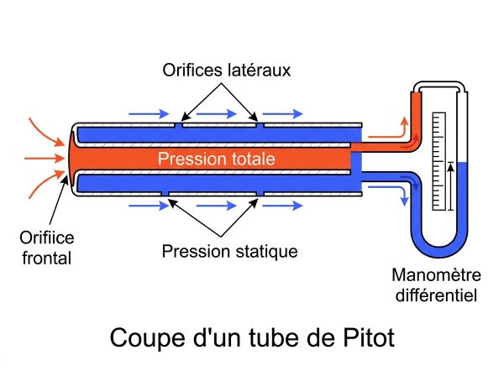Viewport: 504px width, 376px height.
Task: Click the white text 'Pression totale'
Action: click(217, 159)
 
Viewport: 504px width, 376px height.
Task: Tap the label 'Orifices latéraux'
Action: click(226, 70)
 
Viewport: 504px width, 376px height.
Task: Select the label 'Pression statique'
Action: click(229, 251)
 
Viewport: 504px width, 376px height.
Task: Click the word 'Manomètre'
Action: click(436, 275)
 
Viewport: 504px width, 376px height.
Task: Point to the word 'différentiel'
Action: click(436, 295)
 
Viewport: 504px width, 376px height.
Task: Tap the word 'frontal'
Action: click(47, 258)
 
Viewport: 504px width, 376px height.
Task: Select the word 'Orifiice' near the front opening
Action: click(47, 238)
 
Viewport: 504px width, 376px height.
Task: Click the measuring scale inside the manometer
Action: click(439, 161)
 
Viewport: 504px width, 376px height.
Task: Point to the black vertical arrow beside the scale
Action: click(451, 186)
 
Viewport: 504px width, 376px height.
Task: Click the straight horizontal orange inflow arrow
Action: click(45, 159)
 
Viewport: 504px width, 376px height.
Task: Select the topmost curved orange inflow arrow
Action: click(46, 132)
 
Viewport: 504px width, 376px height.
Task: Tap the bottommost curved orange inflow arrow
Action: click(46, 185)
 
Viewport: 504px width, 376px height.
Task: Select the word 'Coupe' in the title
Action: click(148, 337)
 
